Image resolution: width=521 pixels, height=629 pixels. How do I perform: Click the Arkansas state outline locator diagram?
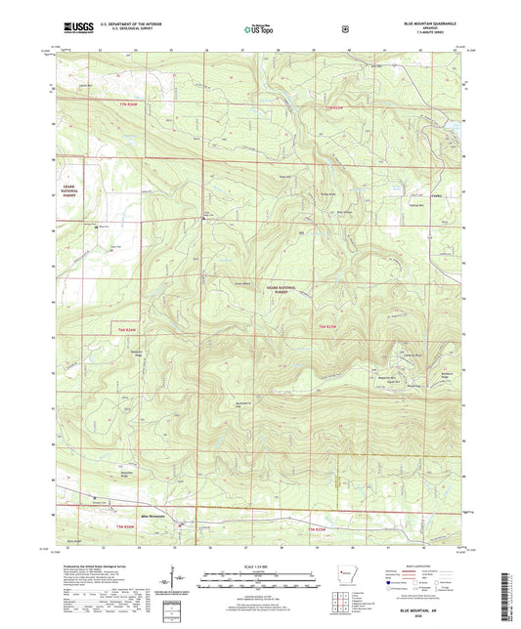pyautogui.click(x=344, y=570)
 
